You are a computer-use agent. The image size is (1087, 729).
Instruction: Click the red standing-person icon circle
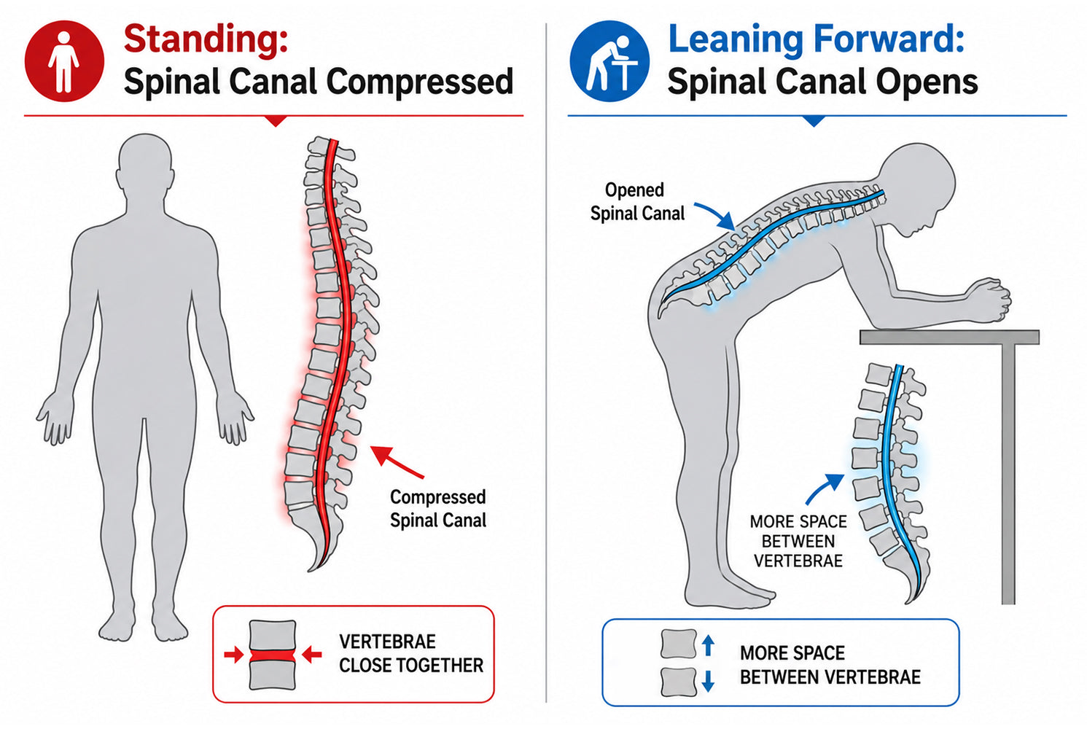pyautogui.click(x=64, y=61)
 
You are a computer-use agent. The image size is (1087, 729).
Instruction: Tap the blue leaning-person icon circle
pyautogui.click(x=609, y=61)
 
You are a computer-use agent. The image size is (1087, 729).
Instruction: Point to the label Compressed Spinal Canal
pyautogui.click(x=437, y=509)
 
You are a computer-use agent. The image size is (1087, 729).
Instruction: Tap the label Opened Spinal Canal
pyautogui.click(x=636, y=202)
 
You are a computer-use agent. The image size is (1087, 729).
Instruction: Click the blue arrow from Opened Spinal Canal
pyautogui.click(x=716, y=214)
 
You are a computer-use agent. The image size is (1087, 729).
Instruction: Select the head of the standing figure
pyautogui.click(x=145, y=165)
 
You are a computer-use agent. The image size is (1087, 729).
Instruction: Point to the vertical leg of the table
pyautogui.click(x=1008, y=474)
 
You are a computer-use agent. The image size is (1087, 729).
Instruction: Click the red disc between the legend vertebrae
pyautogui.click(x=272, y=656)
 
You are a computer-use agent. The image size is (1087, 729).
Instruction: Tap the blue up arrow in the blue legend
pyautogui.click(x=709, y=645)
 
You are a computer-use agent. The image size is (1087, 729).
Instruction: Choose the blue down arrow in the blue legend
pyautogui.click(x=708, y=680)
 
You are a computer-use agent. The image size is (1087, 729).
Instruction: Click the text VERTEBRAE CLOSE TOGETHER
pyautogui.click(x=411, y=653)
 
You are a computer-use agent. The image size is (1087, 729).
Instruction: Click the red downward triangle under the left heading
pyautogui.click(x=276, y=121)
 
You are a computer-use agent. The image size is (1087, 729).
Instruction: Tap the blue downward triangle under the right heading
pyautogui.click(x=815, y=121)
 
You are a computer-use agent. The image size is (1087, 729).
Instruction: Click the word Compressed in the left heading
pyautogui.click(x=419, y=82)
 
